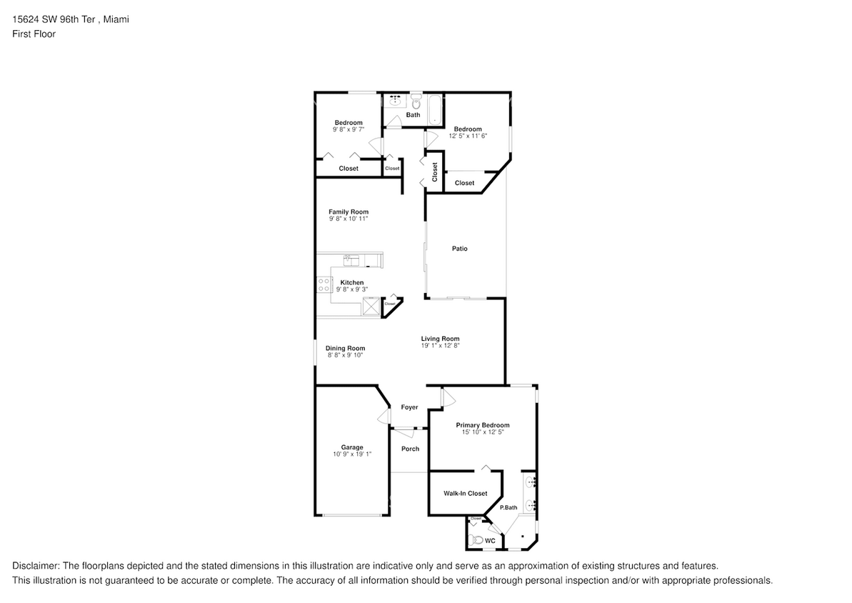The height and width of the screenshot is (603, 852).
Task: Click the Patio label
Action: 459,249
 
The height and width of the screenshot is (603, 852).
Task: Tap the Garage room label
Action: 351,447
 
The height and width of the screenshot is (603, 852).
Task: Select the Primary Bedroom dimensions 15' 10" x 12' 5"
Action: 483,432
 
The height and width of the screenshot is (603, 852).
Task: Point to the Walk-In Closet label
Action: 465,493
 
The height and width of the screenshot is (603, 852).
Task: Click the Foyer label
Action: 409,407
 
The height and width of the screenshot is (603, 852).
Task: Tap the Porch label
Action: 410,449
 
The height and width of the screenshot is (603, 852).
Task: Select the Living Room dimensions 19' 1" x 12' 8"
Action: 440,345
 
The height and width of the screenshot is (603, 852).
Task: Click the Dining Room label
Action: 345,348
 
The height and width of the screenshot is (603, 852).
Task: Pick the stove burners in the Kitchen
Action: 324,285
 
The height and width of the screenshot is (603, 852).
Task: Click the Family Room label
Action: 349,211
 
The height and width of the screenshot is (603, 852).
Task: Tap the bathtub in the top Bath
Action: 434,111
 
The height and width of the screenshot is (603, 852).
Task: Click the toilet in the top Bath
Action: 415,103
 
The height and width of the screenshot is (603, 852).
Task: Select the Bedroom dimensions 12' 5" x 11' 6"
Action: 468,135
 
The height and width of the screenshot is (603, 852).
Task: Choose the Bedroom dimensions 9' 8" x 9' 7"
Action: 349,129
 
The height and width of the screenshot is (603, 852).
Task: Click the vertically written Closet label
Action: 434,171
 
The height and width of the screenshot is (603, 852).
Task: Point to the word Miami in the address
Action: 116,19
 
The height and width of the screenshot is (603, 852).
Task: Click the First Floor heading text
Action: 34,34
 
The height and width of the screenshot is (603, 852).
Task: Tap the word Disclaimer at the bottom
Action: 36,564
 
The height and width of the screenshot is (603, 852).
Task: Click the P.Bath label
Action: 508,507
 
